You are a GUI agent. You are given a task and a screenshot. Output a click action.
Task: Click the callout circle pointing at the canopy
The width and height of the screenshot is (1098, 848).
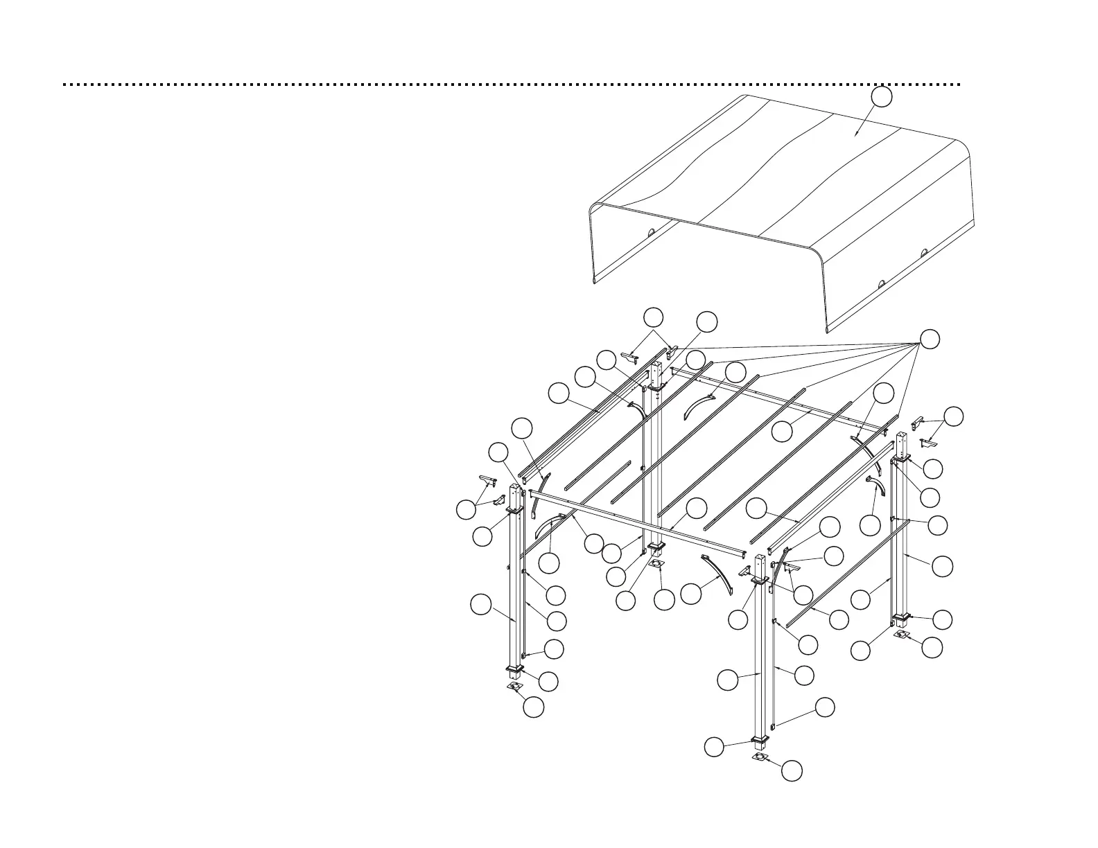[x=881, y=97]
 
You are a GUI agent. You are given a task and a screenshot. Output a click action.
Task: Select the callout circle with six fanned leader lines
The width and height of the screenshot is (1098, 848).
[x=930, y=339]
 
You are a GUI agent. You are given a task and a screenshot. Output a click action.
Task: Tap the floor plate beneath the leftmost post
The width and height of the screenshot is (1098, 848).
[x=514, y=686]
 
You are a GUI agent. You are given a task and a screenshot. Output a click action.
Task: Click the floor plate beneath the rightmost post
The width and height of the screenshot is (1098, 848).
[x=901, y=635]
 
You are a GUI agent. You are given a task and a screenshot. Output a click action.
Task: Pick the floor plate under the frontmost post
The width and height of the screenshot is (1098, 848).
[x=760, y=758]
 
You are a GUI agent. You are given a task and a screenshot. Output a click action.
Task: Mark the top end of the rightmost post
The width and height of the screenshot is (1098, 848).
[x=901, y=436]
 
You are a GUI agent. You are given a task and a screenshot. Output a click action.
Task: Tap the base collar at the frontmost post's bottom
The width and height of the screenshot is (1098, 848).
[x=760, y=743]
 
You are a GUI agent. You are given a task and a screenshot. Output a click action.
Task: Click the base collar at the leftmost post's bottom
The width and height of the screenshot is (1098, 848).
[x=514, y=669]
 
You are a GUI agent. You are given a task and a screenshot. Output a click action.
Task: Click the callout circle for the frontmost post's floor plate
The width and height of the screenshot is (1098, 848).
[x=792, y=770]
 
